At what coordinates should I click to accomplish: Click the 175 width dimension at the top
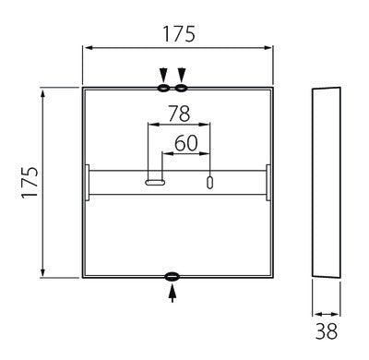pyautogui.click(x=179, y=34)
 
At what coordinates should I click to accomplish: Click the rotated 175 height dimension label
pyautogui.click(x=30, y=183)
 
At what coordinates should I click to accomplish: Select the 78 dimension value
pyautogui.click(x=179, y=114)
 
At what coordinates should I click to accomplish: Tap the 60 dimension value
pyautogui.click(x=186, y=143)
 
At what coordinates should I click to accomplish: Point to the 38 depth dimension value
pyautogui.click(x=327, y=331)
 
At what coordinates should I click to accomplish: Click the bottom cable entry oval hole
pyautogui.click(x=172, y=277)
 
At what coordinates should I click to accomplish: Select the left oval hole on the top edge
pyautogui.click(x=163, y=89)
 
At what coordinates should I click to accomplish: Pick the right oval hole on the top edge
pyautogui.click(x=181, y=89)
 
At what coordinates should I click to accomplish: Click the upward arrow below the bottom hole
pyautogui.click(x=173, y=294)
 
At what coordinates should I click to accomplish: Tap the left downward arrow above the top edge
pyautogui.click(x=163, y=75)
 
